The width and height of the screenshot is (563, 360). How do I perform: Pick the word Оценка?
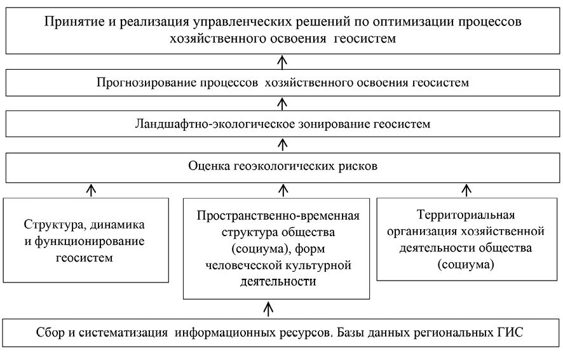[x=209, y=166]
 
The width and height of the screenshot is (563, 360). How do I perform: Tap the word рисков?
[x=358, y=166]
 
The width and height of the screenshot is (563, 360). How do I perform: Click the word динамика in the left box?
[x=117, y=225]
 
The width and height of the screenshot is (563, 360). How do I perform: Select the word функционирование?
[x=90, y=241]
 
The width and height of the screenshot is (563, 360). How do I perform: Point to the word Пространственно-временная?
[x=278, y=216]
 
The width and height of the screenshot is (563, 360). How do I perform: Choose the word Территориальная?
[x=466, y=215]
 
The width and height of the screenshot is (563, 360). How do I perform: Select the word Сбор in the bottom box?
[x=50, y=332]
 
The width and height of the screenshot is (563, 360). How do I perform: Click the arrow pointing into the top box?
[x=283, y=62]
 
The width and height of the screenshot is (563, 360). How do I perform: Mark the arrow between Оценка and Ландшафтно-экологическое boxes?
[x=283, y=145]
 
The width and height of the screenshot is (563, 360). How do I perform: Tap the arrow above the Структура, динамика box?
[x=92, y=190]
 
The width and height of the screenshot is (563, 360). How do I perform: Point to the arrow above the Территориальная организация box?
[x=466, y=190]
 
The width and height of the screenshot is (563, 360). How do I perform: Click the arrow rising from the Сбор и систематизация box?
[x=268, y=309]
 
